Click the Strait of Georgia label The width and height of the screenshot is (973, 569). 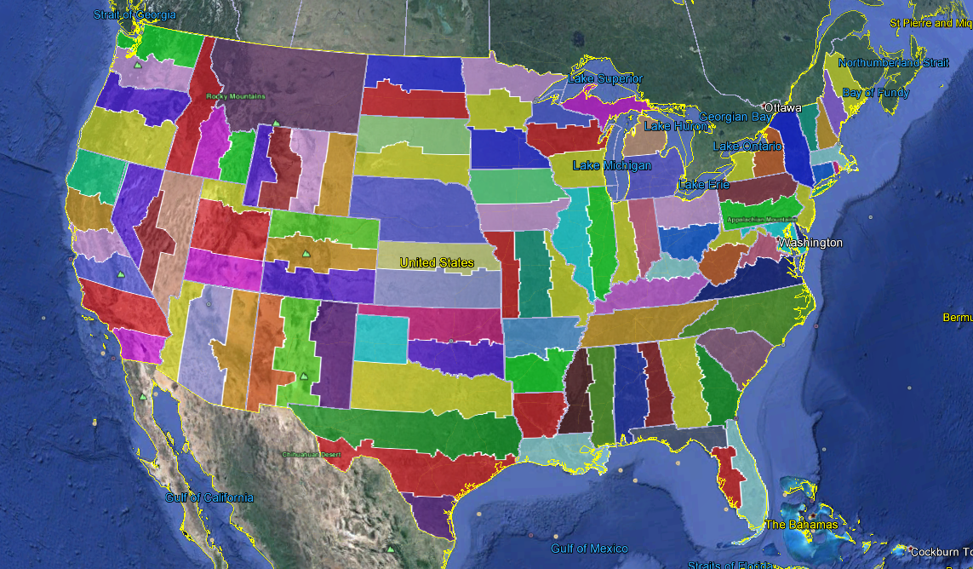tap(135, 15)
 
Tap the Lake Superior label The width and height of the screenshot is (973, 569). tap(605, 79)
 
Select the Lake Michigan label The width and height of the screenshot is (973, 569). tap(611, 165)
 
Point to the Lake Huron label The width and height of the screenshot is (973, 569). tap(675, 126)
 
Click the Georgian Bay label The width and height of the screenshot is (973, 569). tap(736, 117)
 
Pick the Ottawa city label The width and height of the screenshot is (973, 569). tap(782, 108)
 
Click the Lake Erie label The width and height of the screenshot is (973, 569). tap(703, 185)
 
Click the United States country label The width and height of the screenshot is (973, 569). tap(437, 262)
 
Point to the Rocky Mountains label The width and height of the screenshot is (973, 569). tap(236, 96)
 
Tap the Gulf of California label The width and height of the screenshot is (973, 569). tap(209, 497)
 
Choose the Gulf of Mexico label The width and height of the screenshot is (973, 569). tap(589, 549)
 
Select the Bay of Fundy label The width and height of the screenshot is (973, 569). tap(875, 93)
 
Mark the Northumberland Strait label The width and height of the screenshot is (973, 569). tap(893, 63)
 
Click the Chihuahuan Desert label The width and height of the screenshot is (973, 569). tap(311, 454)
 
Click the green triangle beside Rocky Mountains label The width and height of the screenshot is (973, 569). tap(276, 124)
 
